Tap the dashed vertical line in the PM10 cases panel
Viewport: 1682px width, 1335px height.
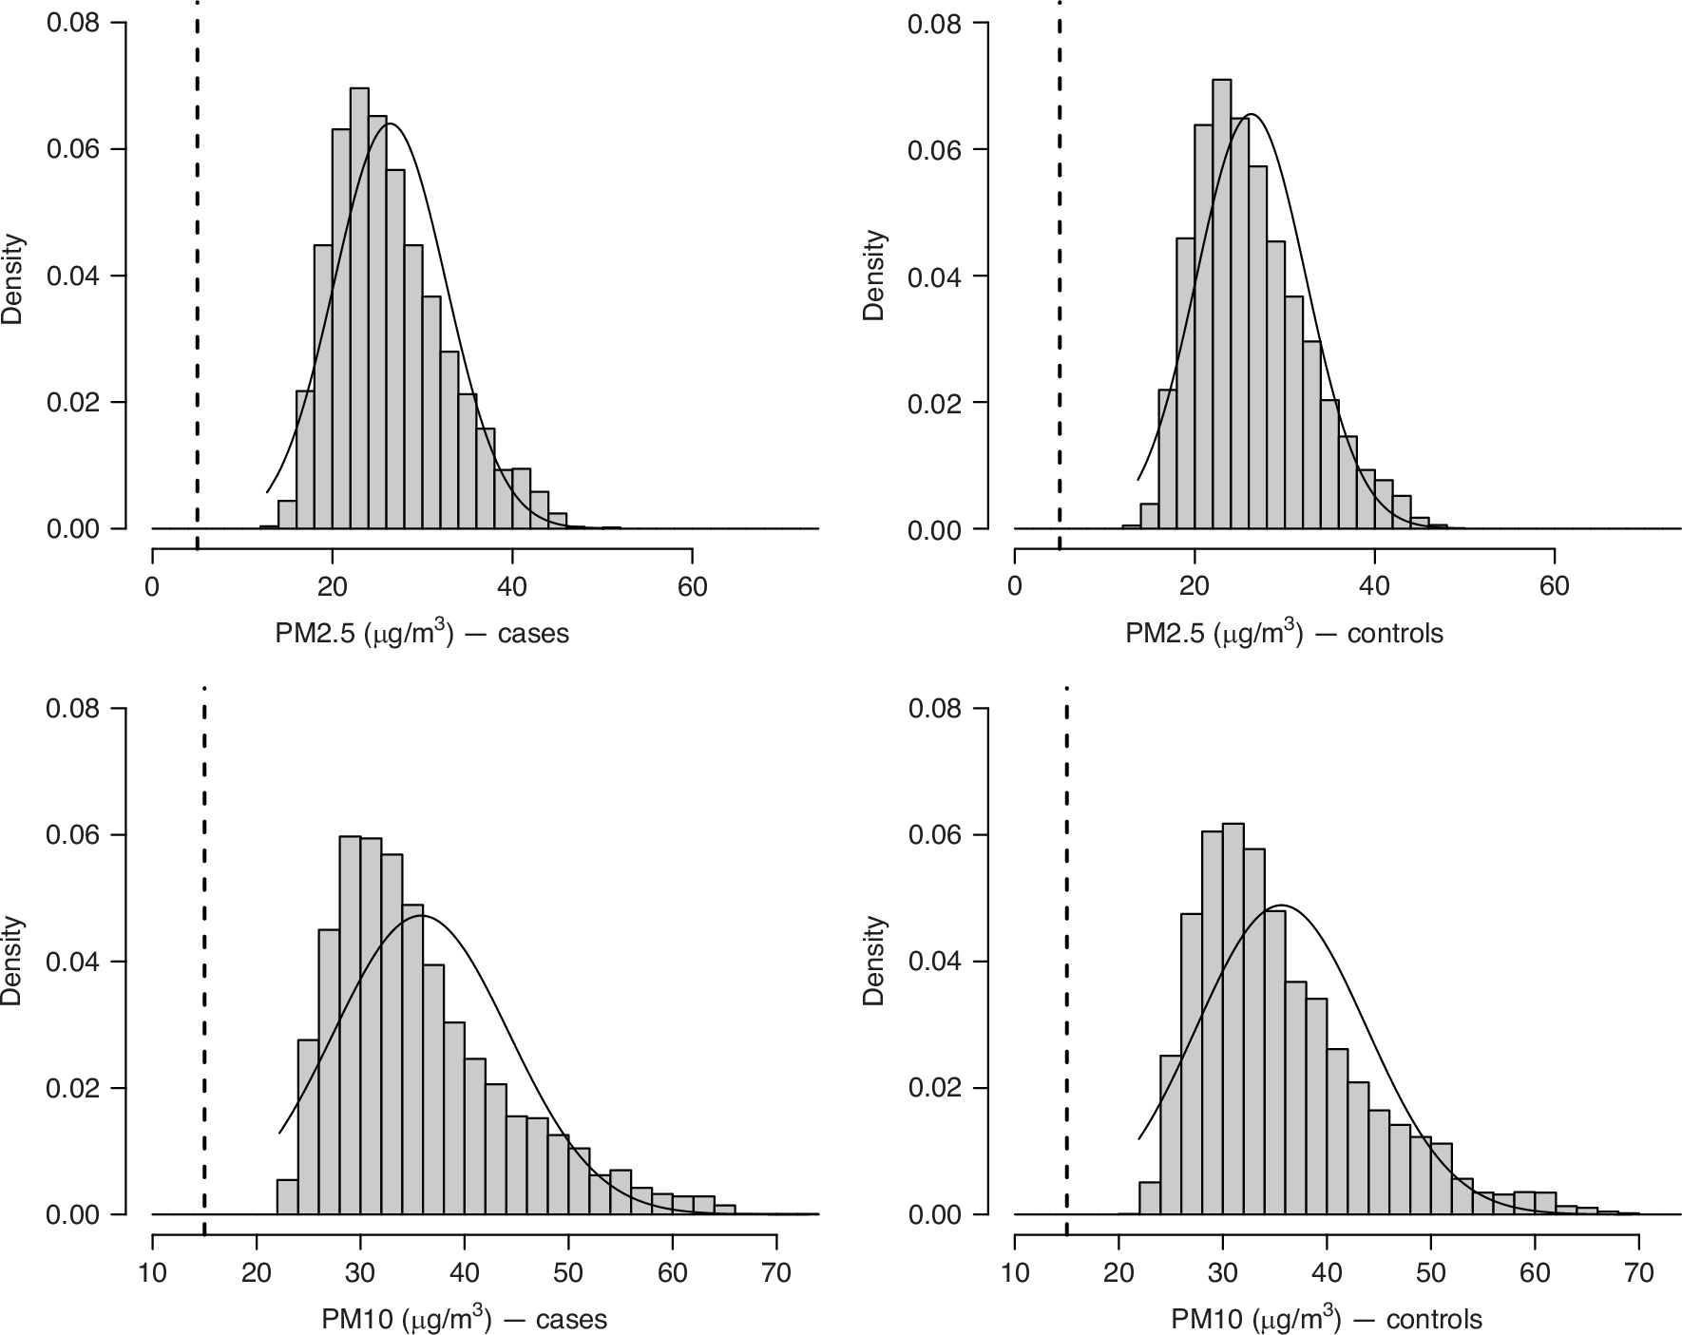click(204, 950)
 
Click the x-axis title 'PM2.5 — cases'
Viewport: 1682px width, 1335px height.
click(422, 633)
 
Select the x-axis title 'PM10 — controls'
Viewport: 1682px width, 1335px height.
click(1327, 1319)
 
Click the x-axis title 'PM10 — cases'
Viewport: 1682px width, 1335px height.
click(464, 1319)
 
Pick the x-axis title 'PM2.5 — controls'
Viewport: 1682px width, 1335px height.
click(1284, 633)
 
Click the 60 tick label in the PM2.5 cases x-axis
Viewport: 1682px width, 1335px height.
click(692, 586)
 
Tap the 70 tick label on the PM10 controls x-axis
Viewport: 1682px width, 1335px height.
click(1639, 1272)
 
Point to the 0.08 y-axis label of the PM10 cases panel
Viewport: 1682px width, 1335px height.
click(74, 709)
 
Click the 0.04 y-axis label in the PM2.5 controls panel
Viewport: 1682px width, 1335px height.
click(934, 277)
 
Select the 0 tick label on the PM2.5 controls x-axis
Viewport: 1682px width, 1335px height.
click(1015, 586)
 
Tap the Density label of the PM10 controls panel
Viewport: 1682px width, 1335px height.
click(874, 961)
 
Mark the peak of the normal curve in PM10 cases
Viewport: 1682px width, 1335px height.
click(423, 916)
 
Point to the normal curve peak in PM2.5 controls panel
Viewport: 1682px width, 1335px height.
click(1252, 115)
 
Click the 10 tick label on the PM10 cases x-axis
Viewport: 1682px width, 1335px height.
click(153, 1272)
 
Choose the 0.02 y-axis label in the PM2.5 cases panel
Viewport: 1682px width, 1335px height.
click(74, 403)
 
